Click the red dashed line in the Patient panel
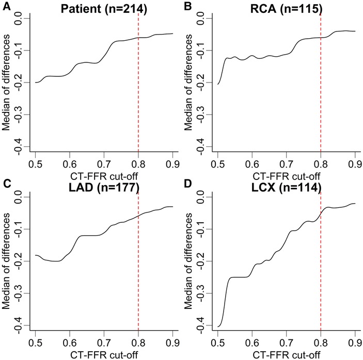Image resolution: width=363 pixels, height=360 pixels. point(138,77)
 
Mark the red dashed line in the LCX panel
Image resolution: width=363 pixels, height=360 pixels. point(321,258)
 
